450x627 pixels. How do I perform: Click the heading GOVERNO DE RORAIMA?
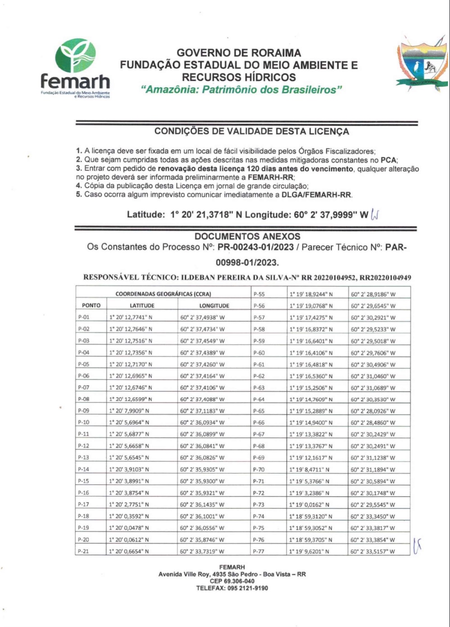pyautogui.click(x=238, y=53)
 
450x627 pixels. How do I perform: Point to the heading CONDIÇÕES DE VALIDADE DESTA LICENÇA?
pyautogui.click(x=252, y=131)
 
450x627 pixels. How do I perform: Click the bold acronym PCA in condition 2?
pyautogui.click(x=389, y=160)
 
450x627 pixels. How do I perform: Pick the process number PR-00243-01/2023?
pyautogui.click(x=256, y=247)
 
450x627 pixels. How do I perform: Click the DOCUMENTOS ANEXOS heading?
pyautogui.click(x=247, y=236)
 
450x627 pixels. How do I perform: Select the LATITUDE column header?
pyautogui.click(x=142, y=306)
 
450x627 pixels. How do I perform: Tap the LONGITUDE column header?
pyautogui.click(x=214, y=306)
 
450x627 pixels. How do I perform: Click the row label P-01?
pyautogui.click(x=84, y=317)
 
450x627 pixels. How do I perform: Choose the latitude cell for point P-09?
pyautogui.click(x=130, y=411)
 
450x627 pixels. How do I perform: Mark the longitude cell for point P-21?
pyautogui.click(x=202, y=551)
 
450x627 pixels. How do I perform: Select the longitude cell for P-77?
pyautogui.click(x=373, y=551)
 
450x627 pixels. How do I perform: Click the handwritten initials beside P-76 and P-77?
pyautogui.click(x=417, y=546)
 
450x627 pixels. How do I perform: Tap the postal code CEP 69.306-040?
pyautogui.click(x=232, y=581)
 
